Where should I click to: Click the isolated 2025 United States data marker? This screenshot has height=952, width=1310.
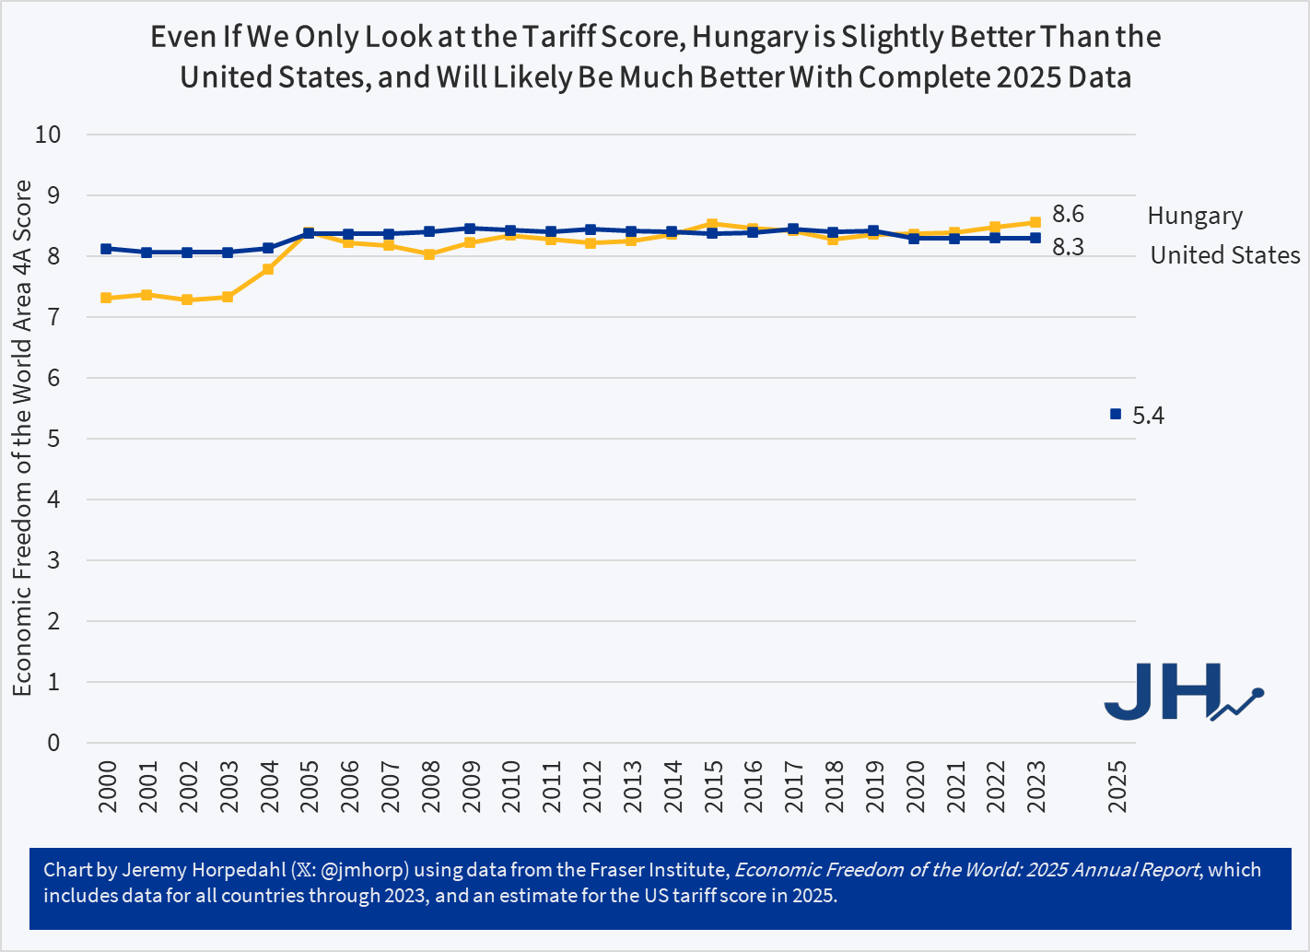pyautogui.click(x=1116, y=415)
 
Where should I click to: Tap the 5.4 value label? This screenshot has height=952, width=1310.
pyautogui.click(x=1148, y=416)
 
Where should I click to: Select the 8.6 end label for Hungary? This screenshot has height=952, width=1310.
pyautogui.click(x=1068, y=215)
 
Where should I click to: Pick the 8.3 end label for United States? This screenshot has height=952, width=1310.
pyautogui.click(x=1068, y=247)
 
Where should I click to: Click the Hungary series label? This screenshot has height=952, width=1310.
pyautogui.click(x=1195, y=217)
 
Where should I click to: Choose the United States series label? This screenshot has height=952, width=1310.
pyautogui.click(x=1224, y=255)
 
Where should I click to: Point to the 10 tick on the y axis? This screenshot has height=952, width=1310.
pyautogui.click(x=48, y=135)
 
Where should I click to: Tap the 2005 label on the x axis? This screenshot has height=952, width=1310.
pyautogui.click(x=310, y=786)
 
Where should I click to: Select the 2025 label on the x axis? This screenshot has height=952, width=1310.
pyautogui.click(x=1117, y=786)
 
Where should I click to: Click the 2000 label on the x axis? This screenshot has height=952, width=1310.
pyautogui.click(x=107, y=786)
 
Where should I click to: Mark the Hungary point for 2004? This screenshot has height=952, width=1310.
pyautogui.click(x=268, y=269)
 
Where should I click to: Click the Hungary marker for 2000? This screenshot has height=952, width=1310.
pyautogui.click(x=107, y=298)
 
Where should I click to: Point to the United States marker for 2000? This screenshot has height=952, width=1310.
pyautogui.click(x=107, y=249)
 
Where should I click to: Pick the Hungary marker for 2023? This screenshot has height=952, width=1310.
pyautogui.click(x=1035, y=222)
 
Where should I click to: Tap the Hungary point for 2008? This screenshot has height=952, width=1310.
pyautogui.click(x=429, y=253)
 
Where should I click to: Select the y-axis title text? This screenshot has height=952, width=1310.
pyautogui.click(x=22, y=438)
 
